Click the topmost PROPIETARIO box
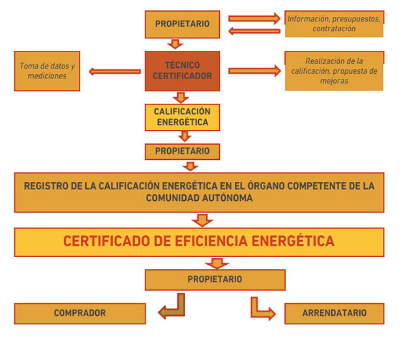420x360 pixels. [182, 24]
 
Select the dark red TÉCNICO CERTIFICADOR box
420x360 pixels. [182, 71]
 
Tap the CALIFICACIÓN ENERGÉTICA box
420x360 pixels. [182, 117]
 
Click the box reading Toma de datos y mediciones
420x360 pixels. [47, 71]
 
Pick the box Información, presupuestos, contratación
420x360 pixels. [334, 24]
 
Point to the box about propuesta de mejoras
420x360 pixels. [334, 71]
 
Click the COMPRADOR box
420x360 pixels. [80, 313]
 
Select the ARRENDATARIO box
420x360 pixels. [334, 313]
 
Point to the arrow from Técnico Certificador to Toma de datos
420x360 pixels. [114, 71]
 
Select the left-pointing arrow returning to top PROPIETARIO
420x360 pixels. [254, 31]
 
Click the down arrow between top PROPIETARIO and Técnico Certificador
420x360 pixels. [175, 44]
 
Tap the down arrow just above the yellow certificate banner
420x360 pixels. [202, 220]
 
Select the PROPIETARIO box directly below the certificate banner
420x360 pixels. [215, 280]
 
